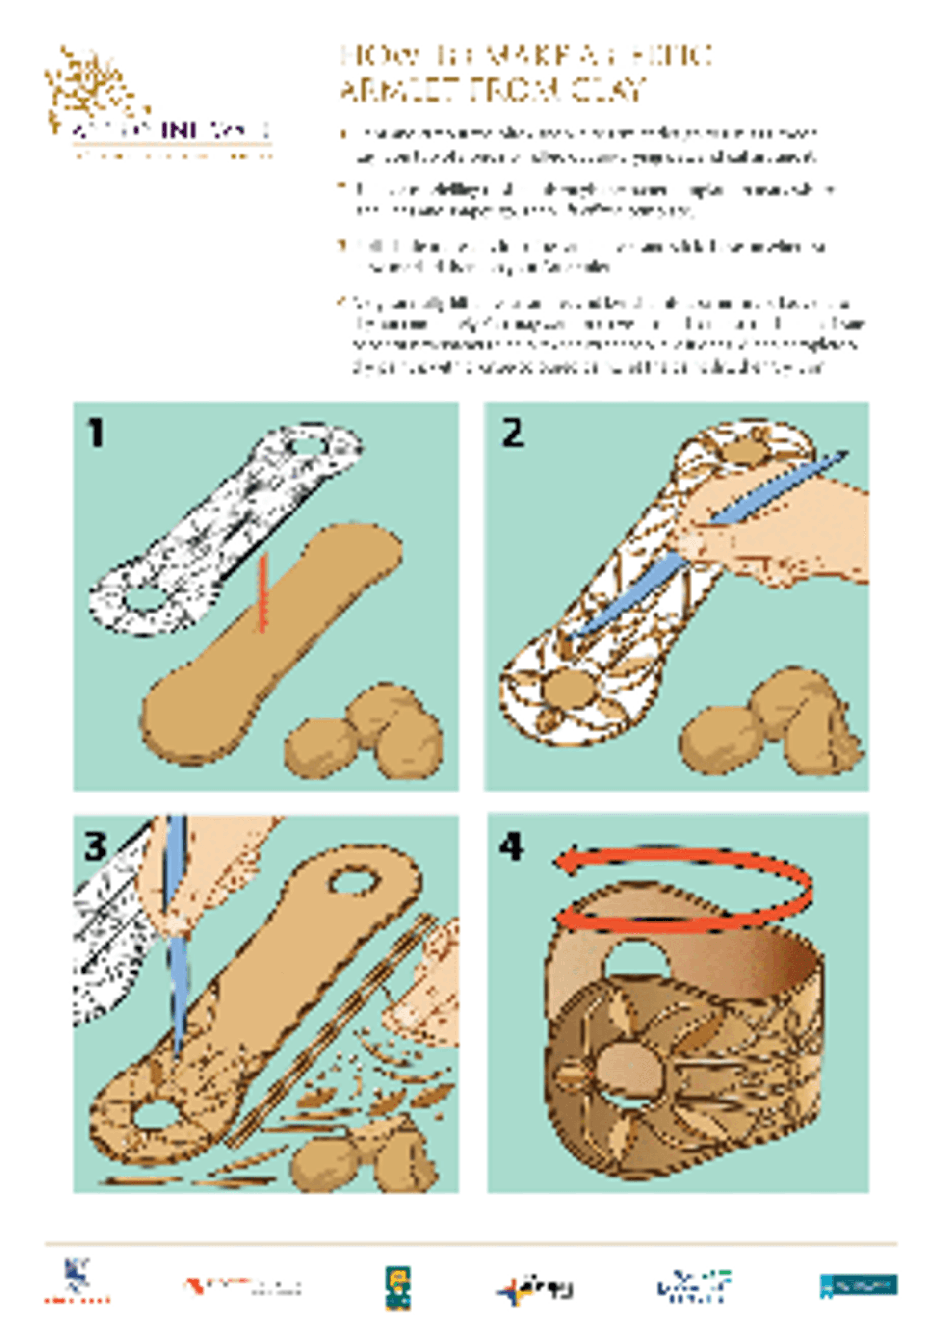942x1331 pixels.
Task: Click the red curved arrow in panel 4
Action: pos(684,887)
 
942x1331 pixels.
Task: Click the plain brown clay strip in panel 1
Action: pos(273,638)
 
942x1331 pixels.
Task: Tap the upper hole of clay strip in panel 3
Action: pos(355,882)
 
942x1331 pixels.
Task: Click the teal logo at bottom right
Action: pos(859,1284)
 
